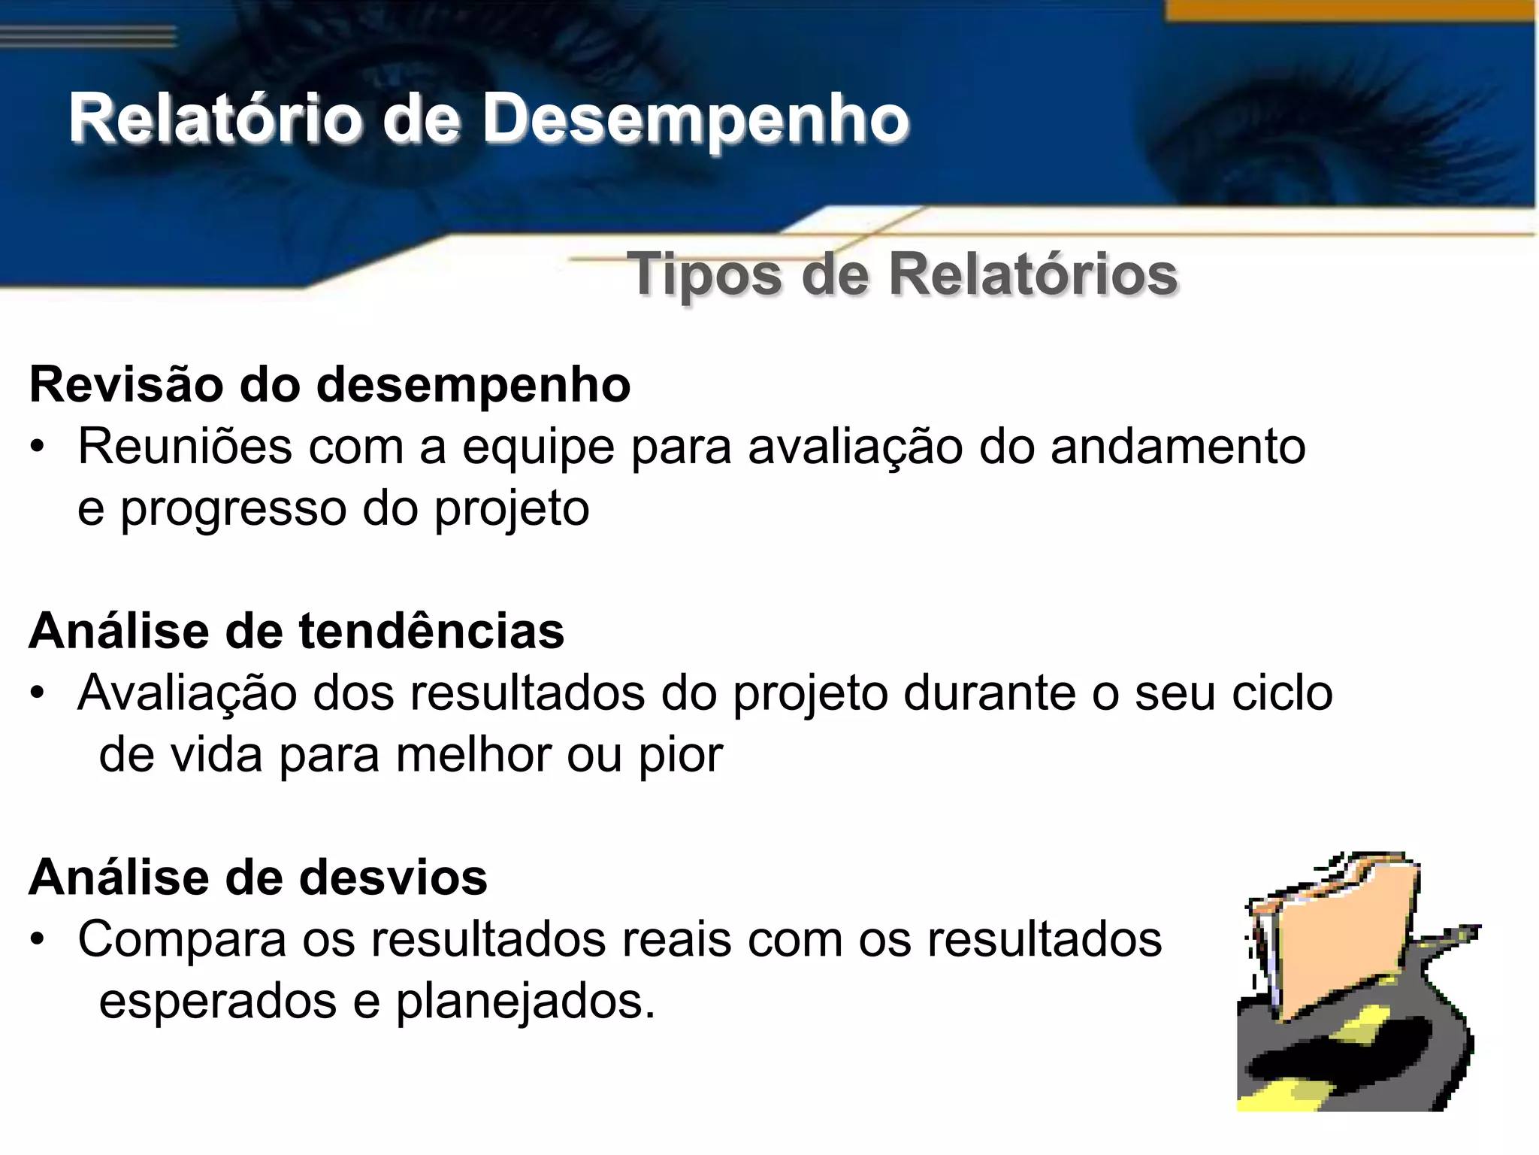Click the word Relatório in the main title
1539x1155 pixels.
[214, 119]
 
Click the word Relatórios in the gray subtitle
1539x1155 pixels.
[1033, 274]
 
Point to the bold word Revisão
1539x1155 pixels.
[125, 385]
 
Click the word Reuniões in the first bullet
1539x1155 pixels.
[185, 447]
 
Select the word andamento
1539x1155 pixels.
[1178, 447]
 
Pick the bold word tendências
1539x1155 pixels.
[431, 631]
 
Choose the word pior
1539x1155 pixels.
[681, 756]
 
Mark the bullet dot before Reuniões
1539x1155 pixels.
[38, 448]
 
